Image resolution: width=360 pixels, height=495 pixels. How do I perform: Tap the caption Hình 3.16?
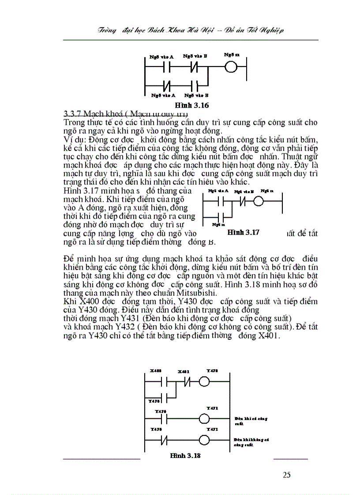coord(191,105)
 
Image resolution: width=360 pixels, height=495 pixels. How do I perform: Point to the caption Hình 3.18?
coord(185,456)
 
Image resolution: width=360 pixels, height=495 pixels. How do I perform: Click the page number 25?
coord(286,475)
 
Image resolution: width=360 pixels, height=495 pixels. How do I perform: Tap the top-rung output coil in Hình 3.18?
coord(204,381)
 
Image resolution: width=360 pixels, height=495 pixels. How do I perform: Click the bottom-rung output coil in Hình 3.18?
coord(204,440)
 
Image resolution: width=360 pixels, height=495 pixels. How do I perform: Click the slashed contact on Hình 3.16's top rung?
coord(195,68)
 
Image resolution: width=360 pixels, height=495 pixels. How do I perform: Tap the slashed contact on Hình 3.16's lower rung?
coord(167,84)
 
